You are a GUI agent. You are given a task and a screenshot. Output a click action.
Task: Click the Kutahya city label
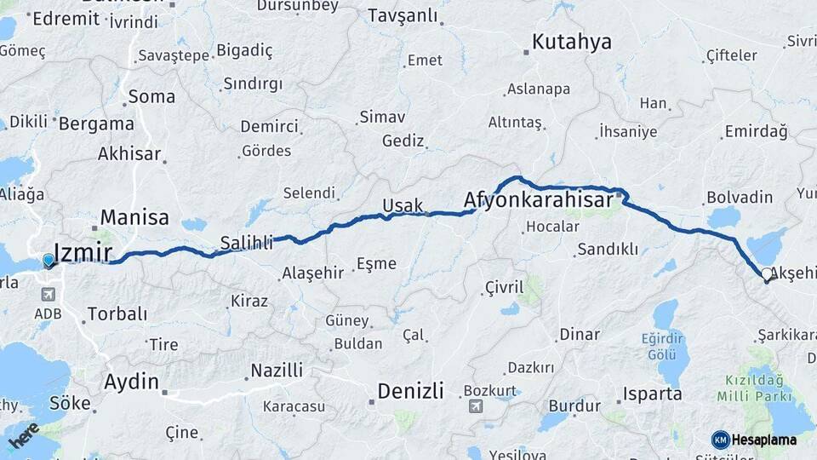(573, 43)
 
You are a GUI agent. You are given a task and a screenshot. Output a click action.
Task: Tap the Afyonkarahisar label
(539, 200)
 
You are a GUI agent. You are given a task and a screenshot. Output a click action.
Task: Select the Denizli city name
(410, 391)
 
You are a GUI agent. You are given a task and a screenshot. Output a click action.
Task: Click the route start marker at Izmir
(49, 260)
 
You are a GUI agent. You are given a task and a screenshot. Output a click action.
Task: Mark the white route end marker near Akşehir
(767, 274)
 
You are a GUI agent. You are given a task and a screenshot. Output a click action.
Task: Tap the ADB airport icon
(46, 295)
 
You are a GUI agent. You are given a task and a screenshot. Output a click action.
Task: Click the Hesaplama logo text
(763, 440)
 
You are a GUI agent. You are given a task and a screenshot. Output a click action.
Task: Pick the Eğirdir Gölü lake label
(663, 346)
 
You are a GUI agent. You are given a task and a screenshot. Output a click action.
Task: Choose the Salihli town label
(247, 242)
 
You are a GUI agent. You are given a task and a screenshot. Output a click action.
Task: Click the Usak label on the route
(403, 205)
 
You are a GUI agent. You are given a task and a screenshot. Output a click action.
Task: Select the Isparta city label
(653, 394)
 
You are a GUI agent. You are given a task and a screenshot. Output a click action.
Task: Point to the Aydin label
(131, 382)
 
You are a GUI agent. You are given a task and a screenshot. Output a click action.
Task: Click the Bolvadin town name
(740, 198)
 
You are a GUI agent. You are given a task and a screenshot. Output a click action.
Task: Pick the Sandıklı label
(607, 250)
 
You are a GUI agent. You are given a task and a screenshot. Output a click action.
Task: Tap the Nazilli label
(276, 371)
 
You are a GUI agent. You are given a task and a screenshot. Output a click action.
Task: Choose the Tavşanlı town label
(403, 15)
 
